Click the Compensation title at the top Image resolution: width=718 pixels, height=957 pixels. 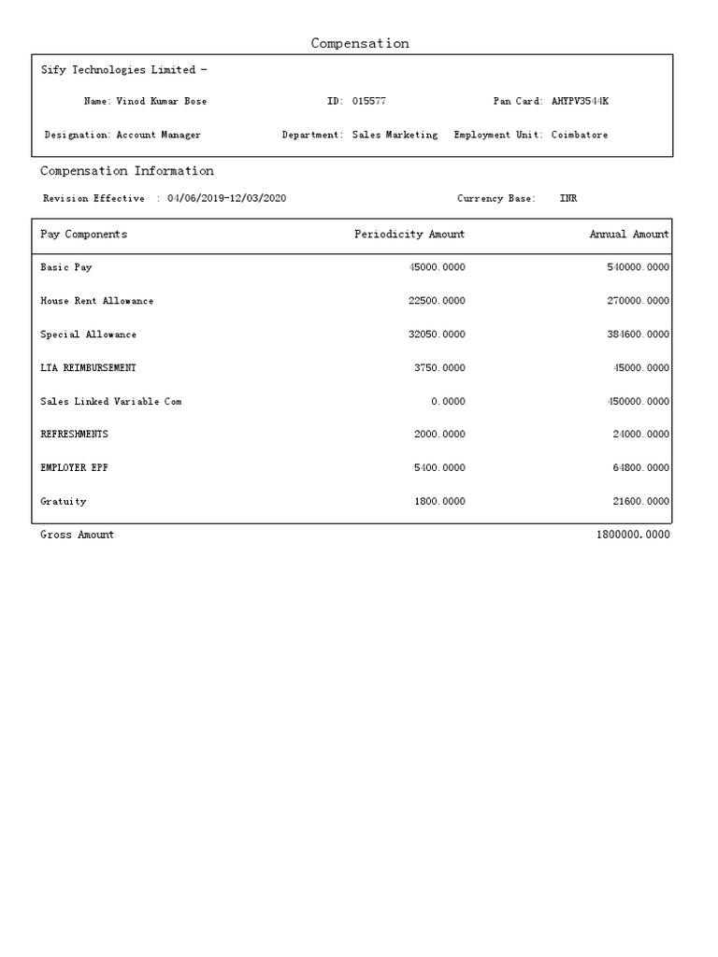pos(360,44)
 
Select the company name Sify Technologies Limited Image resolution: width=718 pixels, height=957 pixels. pos(119,70)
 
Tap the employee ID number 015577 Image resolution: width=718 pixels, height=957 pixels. pos(369,101)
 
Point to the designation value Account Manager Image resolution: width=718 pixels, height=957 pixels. pos(158,135)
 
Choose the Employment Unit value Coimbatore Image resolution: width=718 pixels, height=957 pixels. pos(579,135)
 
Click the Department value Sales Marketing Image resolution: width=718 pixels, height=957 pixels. pos(395,135)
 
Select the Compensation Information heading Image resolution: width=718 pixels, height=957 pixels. pos(127,171)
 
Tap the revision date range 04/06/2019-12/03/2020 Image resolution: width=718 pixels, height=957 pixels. pos(226,198)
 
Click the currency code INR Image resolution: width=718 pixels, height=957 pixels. pos(567,198)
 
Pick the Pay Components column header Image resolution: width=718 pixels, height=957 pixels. pos(84,235)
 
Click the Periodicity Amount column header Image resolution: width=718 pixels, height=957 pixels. pos(409,235)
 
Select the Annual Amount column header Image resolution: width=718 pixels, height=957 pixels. pos(628,235)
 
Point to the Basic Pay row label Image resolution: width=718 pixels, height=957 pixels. pos(66,267)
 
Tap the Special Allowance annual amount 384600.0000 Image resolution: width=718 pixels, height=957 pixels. pos(638,335)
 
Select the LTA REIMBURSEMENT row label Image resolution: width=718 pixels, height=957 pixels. pos(88,368)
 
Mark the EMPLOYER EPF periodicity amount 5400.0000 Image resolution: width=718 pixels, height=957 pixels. pos(439,468)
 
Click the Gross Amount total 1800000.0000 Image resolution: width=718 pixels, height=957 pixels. pos(632,535)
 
